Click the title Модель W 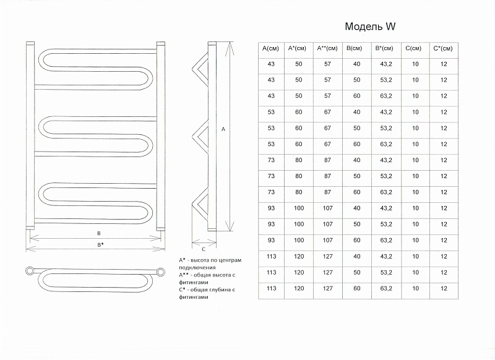click(x=370, y=27)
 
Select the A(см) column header click(x=270, y=48)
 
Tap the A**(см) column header click(x=327, y=48)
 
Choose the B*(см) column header click(x=384, y=48)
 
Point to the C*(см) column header click(x=443, y=48)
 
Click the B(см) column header click(x=354, y=48)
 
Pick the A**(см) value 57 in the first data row click(x=328, y=64)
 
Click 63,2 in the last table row click(x=385, y=288)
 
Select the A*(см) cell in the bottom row click(x=299, y=288)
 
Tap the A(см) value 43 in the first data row click(x=271, y=64)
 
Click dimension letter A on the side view click(x=223, y=129)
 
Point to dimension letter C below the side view click(x=204, y=249)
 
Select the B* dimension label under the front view click(x=100, y=244)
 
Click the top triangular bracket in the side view click(x=200, y=69)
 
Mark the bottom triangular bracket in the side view click(x=200, y=205)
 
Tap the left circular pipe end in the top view click(x=30, y=271)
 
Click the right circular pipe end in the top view click(x=161, y=272)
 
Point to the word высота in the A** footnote click(x=223, y=275)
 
